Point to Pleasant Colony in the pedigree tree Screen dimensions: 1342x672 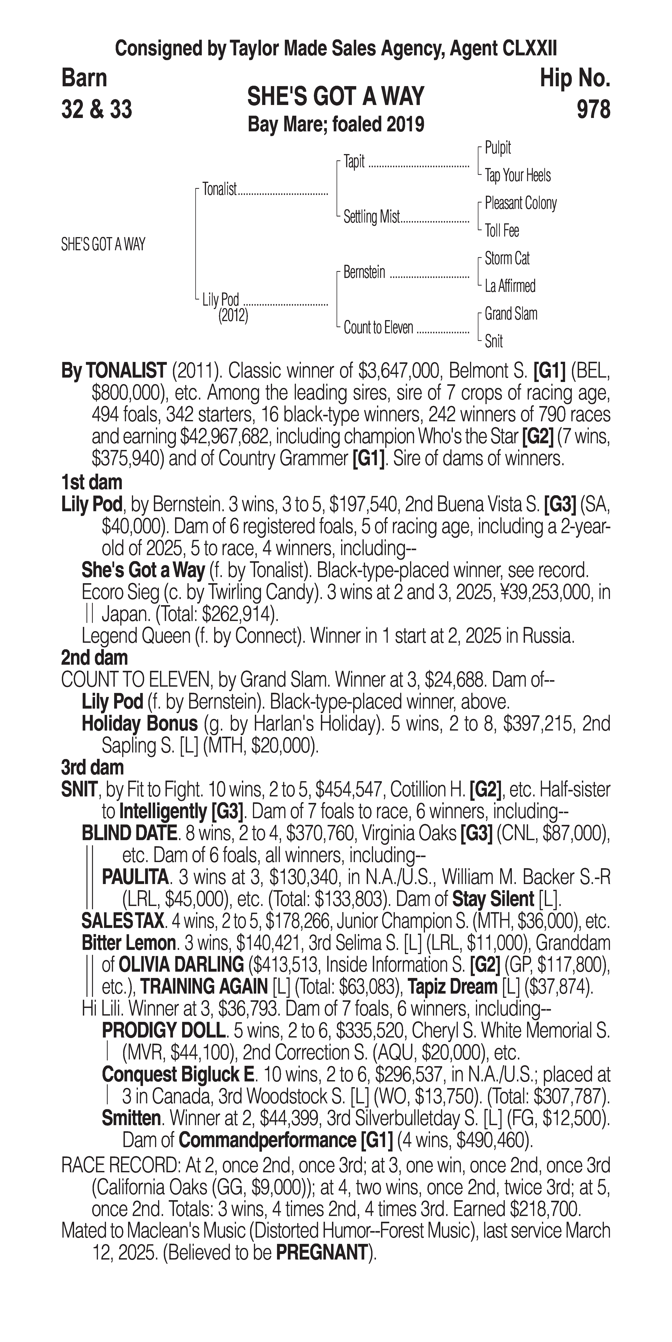520,203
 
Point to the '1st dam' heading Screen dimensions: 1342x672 92,482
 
